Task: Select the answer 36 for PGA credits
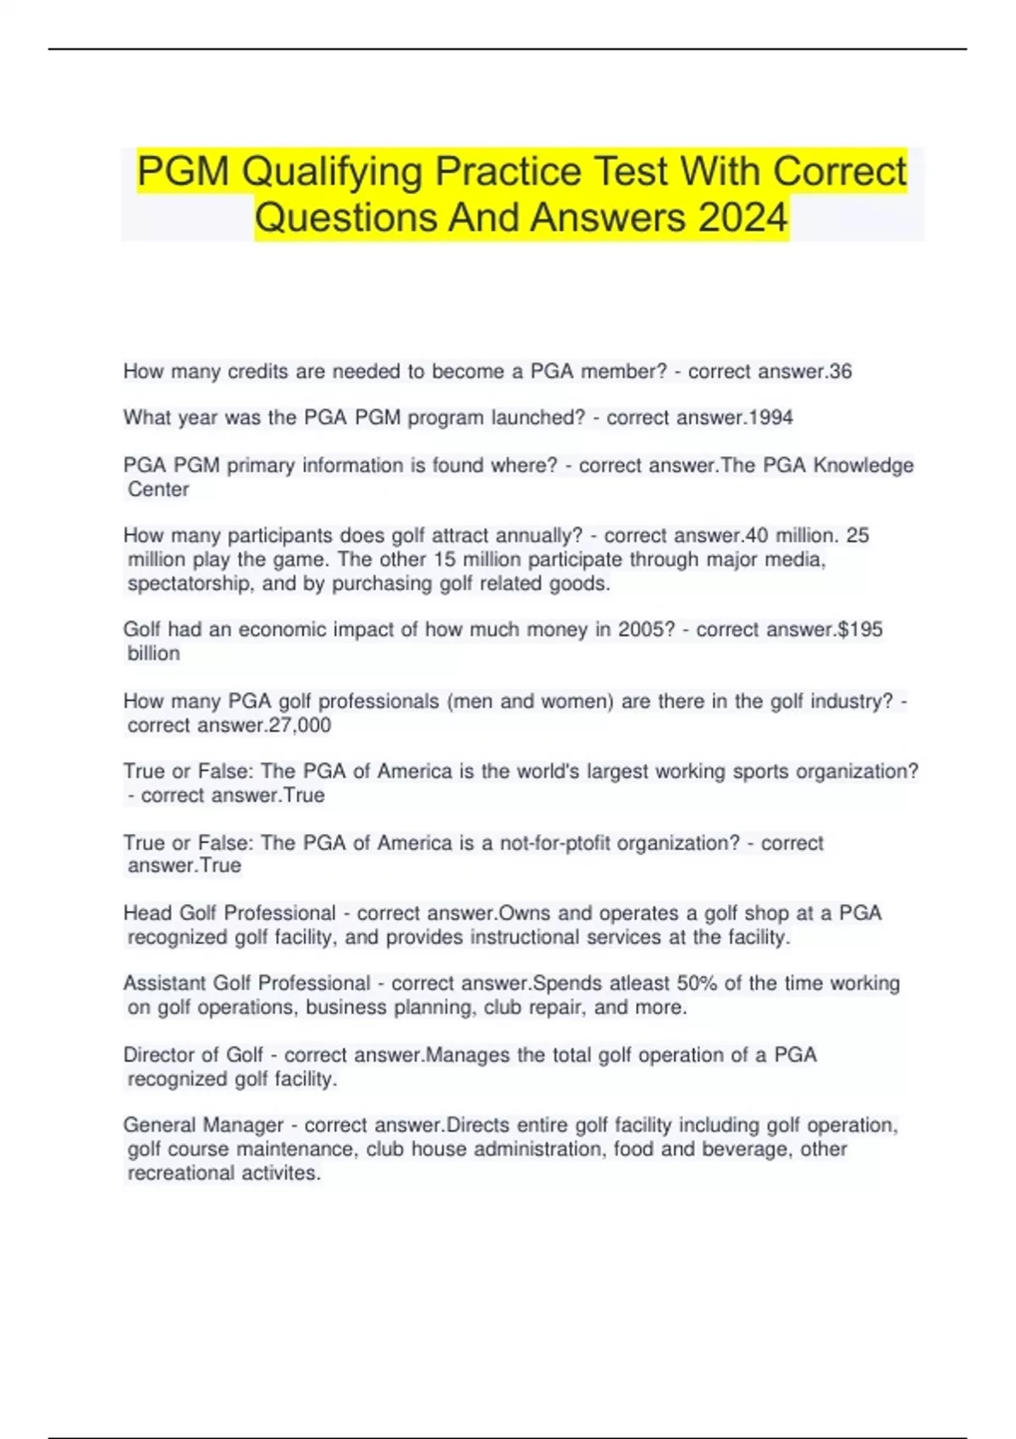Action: [x=841, y=372]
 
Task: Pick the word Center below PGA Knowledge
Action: [x=158, y=489]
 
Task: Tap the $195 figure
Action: [x=860, y=630]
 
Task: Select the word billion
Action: [x=153, y=653]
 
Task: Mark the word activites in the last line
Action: [x=281, y=1173]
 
